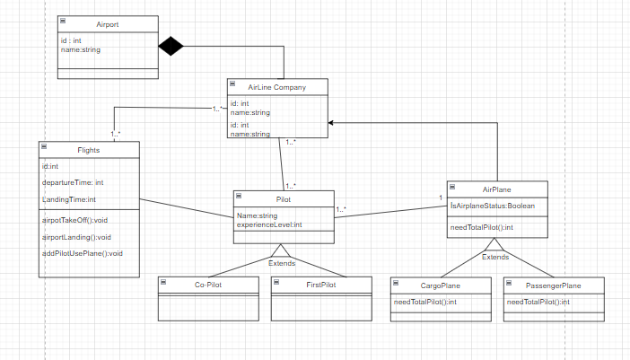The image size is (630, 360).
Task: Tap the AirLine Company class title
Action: pyautogui.click(x=277, y=87)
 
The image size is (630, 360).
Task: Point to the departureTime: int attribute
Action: pyautogui.click(x=73, y=182)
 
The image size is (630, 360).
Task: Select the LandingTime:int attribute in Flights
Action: pyautogui.click(x=69, y=199)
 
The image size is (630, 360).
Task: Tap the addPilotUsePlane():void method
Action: pyautogui.click(x=83, y=253)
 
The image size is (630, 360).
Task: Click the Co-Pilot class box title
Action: pyautogui.click(x=210, y=285)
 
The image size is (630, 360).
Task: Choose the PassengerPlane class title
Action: pyautogui.click(x=553, y=285)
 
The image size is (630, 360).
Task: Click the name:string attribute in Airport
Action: pyautogui.click(x=80, y=50)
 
